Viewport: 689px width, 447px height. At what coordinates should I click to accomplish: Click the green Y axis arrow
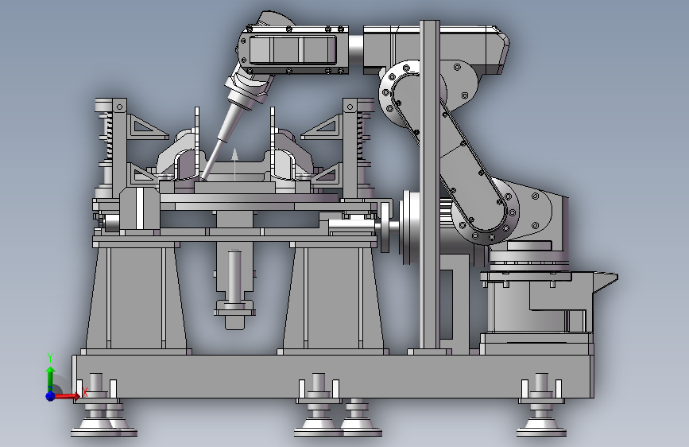51,378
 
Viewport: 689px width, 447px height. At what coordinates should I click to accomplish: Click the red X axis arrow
67,396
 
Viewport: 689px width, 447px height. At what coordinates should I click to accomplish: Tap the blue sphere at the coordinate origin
50,396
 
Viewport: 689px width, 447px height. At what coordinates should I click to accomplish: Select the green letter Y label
50,358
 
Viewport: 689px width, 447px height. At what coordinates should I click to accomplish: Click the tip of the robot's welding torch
202,179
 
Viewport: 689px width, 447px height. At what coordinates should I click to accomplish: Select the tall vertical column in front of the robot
430,185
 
